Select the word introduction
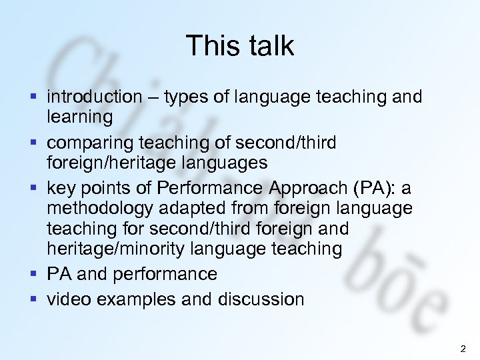point(95,97)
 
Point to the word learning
point(80,117)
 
